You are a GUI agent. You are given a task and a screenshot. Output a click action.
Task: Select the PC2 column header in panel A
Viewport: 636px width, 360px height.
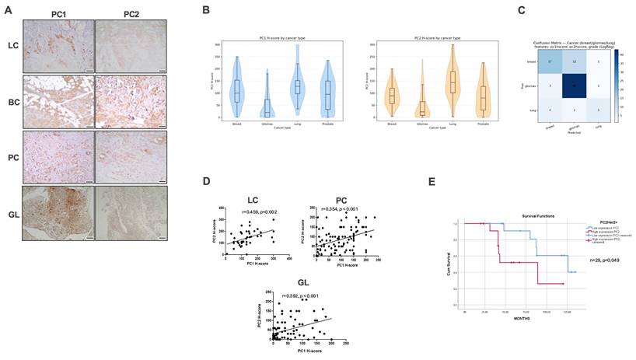tap(121, 13)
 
